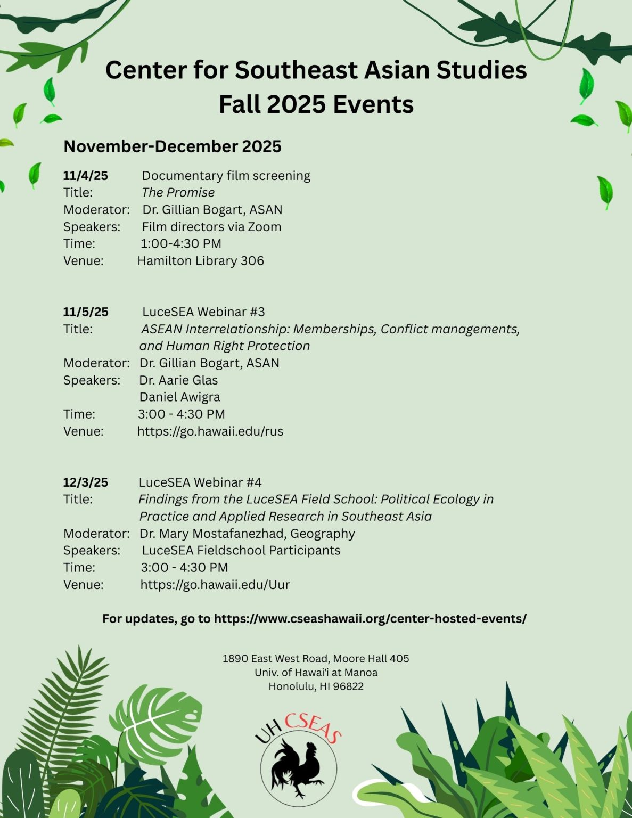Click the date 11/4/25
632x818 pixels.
tap(85, 176)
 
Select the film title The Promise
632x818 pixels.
tap(178, 193)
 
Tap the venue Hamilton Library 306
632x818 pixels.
tap(200, 261)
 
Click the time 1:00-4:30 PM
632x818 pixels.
tap(180, 244)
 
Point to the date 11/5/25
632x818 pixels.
tap(85, 312)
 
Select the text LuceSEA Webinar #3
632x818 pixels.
tap(203, 312)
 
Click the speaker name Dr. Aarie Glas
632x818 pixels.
tap(178, 380)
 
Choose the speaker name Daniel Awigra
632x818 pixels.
tap(179, 397)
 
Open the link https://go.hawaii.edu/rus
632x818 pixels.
tap(210, 431)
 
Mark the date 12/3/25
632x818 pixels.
tap(85, 482)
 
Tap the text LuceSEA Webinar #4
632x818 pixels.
tap(200, 482)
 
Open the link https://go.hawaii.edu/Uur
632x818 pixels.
tap(215, 585)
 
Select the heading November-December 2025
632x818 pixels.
tap(173, 146)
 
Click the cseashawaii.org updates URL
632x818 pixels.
tap(370, 619)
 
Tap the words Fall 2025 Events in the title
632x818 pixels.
tap(316, 104)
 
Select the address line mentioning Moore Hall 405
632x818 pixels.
tap(316, 659)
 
